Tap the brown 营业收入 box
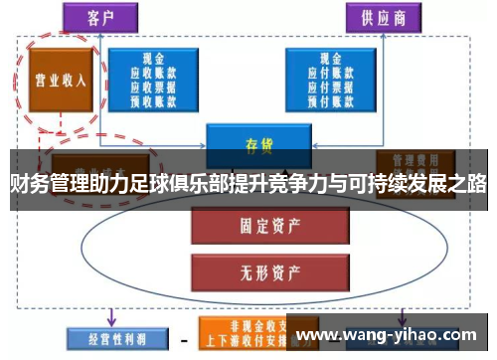tap(61, 79)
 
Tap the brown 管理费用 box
tap(414, 160)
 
